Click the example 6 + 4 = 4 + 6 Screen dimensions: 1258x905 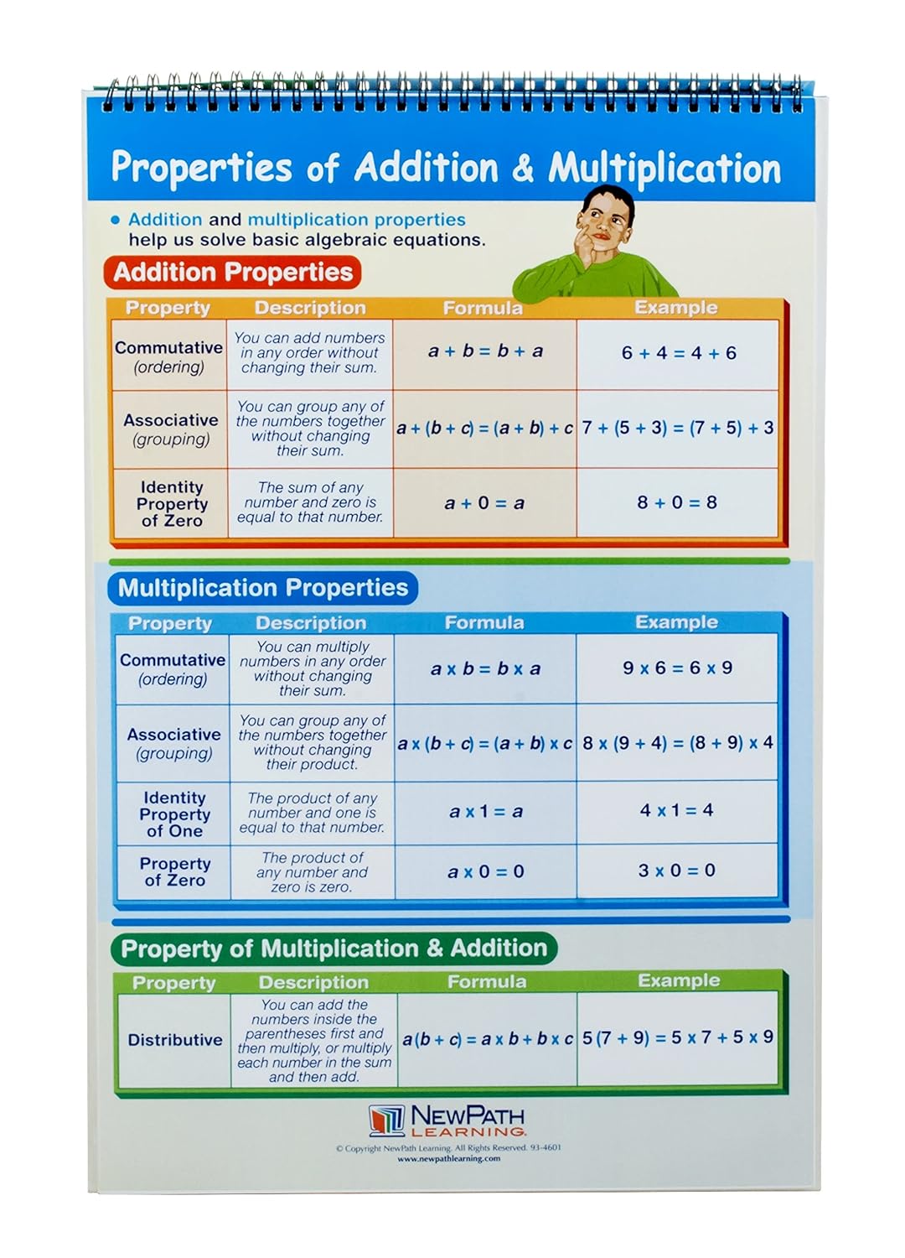click(x=679, y=353)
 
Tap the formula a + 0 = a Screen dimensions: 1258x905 click(x=484, y=503)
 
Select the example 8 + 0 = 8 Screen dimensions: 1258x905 click(x=677, y=502)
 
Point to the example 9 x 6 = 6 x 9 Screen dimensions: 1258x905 click(x=677, y=668)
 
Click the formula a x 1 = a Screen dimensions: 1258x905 click(x=486, y=811)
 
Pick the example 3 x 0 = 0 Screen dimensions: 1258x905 click(x=677, y=871)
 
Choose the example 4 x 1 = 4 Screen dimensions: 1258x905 click(x=677, y=810)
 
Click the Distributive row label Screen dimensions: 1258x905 click(x=175, y=1040)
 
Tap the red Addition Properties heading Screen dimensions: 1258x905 click(x=233, y=273)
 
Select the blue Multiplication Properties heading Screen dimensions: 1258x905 click(x=262, y=588)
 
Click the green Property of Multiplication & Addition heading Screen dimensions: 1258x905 click(x=334, y=949)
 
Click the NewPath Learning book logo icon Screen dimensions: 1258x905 click(x=386, y=1120)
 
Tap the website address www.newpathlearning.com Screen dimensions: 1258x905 click(x=449, y=1159)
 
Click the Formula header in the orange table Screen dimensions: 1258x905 click(x=483, y=309)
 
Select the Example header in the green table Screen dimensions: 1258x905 click(x=679, y=980)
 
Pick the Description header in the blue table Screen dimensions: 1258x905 click(x=311, y=623)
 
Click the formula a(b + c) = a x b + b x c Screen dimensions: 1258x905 click(x=487, y=1039)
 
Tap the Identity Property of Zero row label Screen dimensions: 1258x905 click(x=172, y=503)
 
